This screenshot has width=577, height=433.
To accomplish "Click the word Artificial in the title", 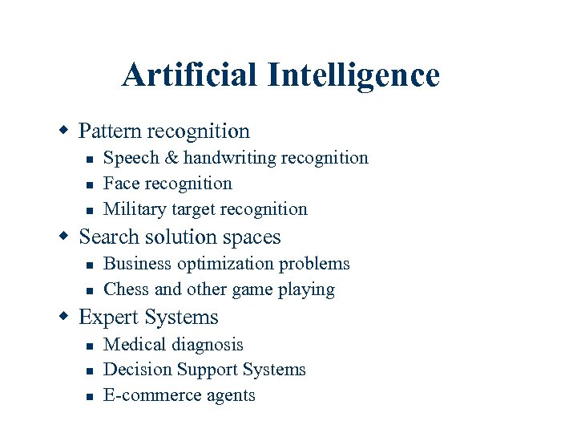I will point(190,76).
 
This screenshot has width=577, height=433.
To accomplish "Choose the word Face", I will point(121,184).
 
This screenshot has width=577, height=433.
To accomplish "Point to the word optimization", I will point(226,264).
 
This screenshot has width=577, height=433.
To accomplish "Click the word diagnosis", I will point(208,345).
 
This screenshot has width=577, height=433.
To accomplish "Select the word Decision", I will point(132,370).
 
